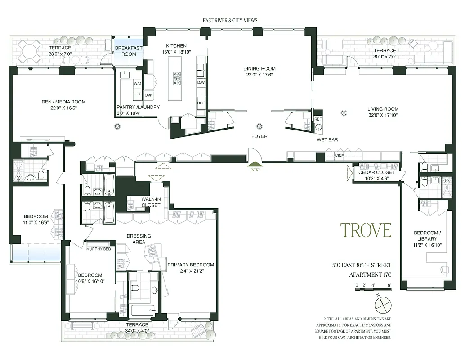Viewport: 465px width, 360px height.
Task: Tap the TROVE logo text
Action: click(x=365, y=230)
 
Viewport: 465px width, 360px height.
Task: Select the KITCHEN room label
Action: click(x=176, y=46)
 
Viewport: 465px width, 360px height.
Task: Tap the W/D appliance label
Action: click(x=137, y=83)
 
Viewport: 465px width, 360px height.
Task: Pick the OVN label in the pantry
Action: click(x=149, y=95)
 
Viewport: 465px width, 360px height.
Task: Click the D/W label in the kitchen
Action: click(x=201, y=83)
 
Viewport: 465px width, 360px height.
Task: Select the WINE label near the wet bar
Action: click(x=339, y=156)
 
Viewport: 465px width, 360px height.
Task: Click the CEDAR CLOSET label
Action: click(x=376, y=172)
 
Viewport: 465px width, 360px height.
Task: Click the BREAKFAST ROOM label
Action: click(x=129, y=51)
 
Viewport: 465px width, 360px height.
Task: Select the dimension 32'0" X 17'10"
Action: click(x=383, y=115)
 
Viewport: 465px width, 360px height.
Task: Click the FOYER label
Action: click(x=259, y=136)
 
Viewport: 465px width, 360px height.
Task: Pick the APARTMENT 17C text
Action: click(x=370, y=274)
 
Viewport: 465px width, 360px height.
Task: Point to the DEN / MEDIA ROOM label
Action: click(x=61, y=102)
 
